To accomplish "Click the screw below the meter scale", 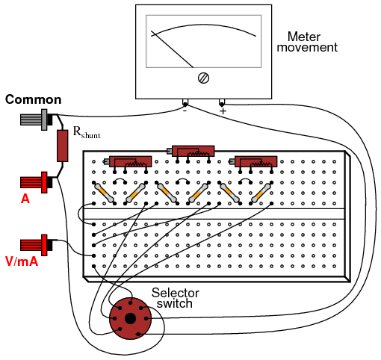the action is click(203, 78).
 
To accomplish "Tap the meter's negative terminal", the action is click(185, 103).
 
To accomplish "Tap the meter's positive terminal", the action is click(222, 103).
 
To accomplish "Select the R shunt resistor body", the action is click(62, 146).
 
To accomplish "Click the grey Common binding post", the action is click(37, 120).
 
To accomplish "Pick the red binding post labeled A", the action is click(37, 182).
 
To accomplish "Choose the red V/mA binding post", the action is click(37, 245).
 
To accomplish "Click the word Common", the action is click(34, 99).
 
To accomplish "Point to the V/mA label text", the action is click(22, 261).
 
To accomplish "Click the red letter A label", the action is click(25, 199).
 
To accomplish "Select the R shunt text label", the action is click(87, 132).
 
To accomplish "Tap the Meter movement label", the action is click(307, 42).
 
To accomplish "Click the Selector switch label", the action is click(176, 298).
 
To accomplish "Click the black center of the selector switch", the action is click(130, 319).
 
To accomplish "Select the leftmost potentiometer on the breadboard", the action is click(128, 162).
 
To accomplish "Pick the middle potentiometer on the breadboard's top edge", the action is click(190, 151).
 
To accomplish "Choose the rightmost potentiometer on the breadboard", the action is click(253, 162).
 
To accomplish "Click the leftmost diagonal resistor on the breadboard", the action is click(105, 193).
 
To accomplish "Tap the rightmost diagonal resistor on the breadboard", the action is click(261, 193).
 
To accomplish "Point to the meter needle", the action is click(172, 49).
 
